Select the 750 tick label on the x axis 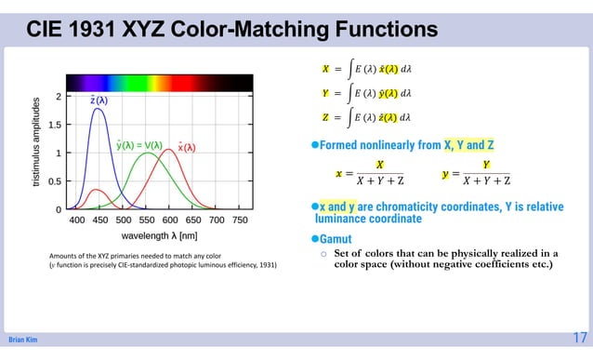tap(239, 220)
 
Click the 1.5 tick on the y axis tap(55, 125)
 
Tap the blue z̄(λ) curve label tap(98, 100)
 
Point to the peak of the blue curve tap(98, 109)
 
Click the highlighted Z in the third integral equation tap(325, 118)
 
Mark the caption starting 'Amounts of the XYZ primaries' tap(164, 260)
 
